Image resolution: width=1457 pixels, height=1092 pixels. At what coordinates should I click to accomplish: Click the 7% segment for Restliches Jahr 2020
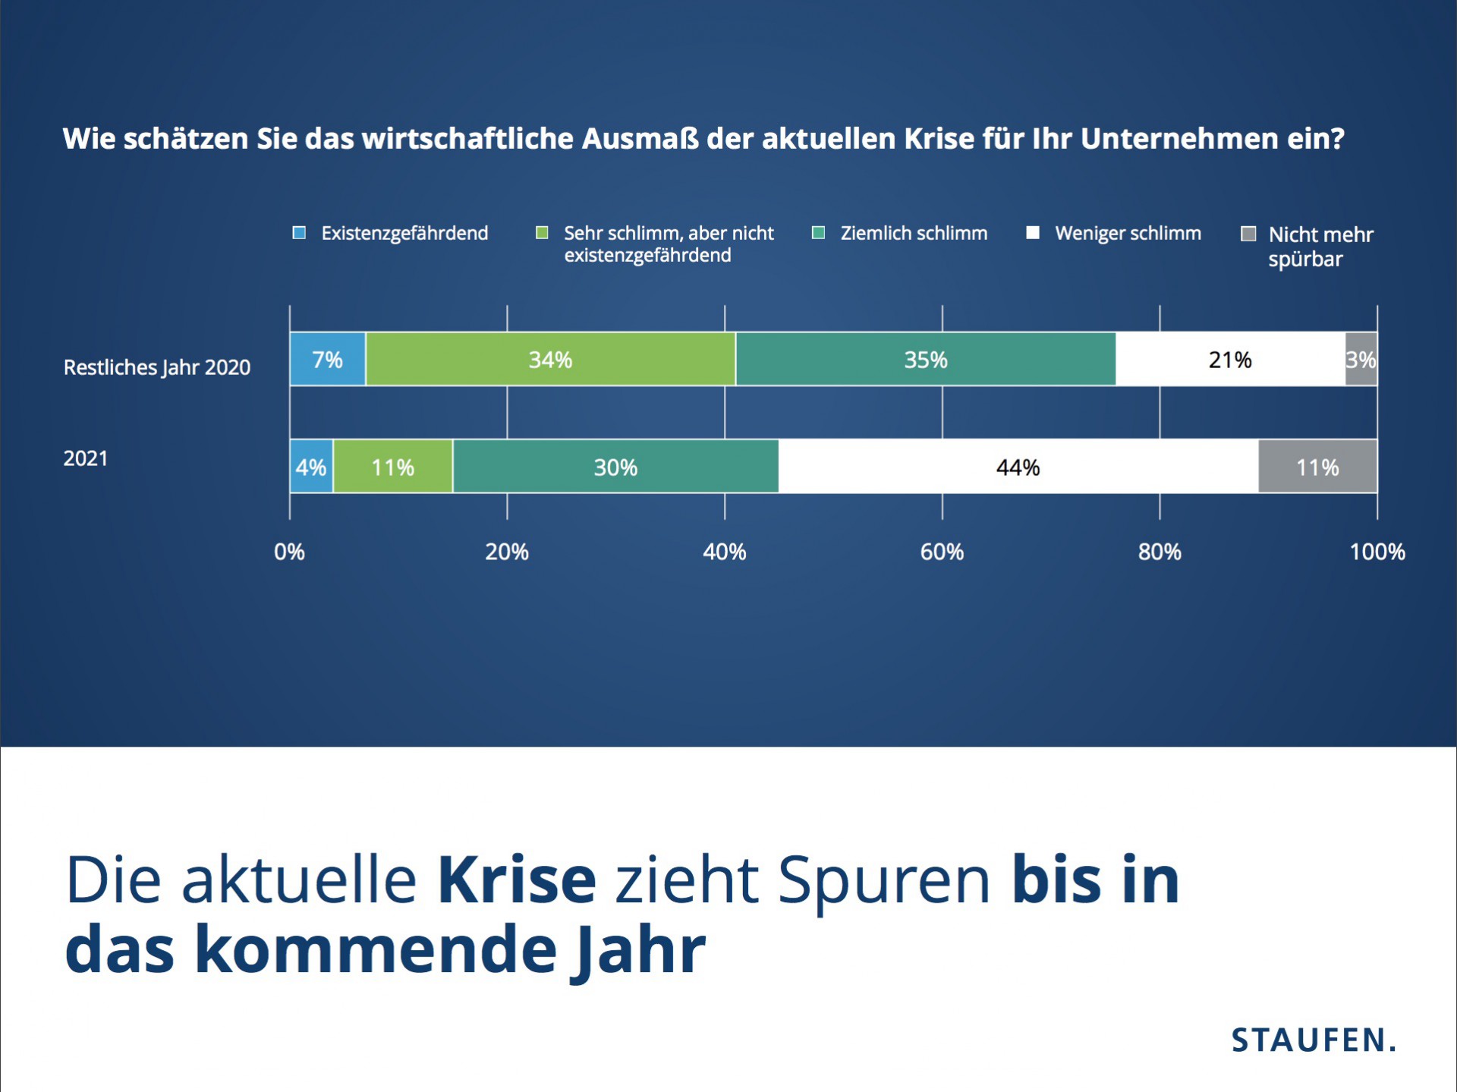pyautogui.click(x=327, y=359)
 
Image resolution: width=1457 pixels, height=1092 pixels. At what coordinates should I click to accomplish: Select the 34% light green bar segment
pyautogui.click(x=550, y=359)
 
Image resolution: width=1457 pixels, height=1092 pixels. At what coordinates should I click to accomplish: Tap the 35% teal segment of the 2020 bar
pyautogui.click(x=925, y=359)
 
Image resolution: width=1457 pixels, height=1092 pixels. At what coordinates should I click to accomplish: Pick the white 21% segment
pyautogui.click(x=1230, y=359)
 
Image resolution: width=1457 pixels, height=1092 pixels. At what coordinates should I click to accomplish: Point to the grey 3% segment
pyautogui.click(x=1361, y=359)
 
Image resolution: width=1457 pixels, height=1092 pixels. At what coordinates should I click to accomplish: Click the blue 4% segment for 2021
pyautogui.click(x=311, y=467)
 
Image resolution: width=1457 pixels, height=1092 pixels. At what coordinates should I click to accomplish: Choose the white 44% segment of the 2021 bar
pyautogui.click(x=1018, y=467)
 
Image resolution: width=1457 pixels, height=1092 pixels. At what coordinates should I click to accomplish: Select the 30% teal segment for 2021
pyautogui.click(x=615, y=467)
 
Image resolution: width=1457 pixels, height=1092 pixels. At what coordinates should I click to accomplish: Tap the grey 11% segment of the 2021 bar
pyautogui.click(x=1317, y=467)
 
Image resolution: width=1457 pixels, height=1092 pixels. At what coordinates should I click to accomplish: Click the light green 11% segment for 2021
pyautogui.click(x=392, y=467)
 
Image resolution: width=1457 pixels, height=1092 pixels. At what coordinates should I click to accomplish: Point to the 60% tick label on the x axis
pyautogui.click(x=942, y=552)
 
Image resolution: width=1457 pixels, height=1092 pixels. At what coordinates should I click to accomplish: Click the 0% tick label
pyautogui.click(x=289, y=552)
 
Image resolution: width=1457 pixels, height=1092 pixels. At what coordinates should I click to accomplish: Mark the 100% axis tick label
pyautogui.click(x=1377, y=552)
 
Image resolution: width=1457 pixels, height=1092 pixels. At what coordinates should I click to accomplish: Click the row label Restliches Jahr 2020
pyautogui.click(x=157, y=367)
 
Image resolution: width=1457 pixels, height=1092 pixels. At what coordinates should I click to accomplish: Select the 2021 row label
pyautogui.click(x=85, y=458)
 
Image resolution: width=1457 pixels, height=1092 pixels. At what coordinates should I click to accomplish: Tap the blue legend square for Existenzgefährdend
pyautogui.click(x=299, y=233)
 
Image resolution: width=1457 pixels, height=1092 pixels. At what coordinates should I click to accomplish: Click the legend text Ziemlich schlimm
pyautogui.click(x=914, y=233)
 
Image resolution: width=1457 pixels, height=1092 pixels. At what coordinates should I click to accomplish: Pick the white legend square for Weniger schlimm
pyautogui.click(x=1032, y=233)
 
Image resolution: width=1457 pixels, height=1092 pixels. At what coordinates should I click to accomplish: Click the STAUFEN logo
pyautogui.click(x=1313, y=1040)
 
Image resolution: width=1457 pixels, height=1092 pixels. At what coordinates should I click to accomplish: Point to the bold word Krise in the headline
pyautogui.click(x=517, y=880)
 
